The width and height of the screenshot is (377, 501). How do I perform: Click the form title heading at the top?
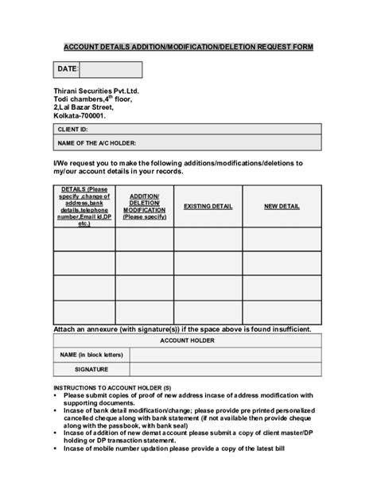point(188,47)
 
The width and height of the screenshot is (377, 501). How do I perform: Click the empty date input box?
point(111,70)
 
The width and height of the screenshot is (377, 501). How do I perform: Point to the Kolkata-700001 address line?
point(79,115)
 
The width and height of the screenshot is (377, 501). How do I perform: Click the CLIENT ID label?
point(72,129)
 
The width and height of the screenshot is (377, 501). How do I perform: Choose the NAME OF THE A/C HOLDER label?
point(97,143)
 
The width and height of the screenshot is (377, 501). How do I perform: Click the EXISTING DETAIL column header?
point(208,206)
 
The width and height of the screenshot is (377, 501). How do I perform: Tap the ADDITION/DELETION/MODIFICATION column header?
point(144,206)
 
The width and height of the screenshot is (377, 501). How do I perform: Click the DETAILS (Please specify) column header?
point(84,206)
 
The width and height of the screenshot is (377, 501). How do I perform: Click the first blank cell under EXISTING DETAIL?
point(208,239)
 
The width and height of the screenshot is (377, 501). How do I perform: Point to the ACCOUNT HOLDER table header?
point(188,340)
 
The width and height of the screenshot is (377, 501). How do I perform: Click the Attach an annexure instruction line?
point(182,328)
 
